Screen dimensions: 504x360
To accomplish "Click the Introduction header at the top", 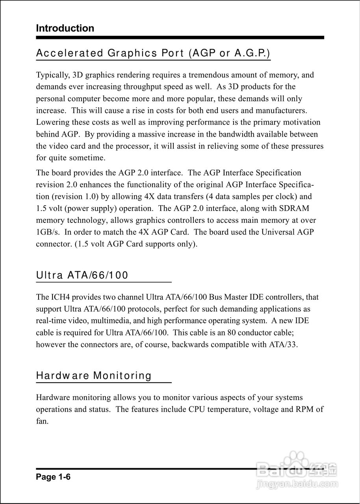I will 65,28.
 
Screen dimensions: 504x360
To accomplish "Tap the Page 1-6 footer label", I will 53,477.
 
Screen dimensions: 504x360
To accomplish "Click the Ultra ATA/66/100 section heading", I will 82,275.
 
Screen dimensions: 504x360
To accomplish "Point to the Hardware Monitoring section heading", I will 94,376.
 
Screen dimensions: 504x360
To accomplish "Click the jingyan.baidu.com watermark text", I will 297,484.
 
